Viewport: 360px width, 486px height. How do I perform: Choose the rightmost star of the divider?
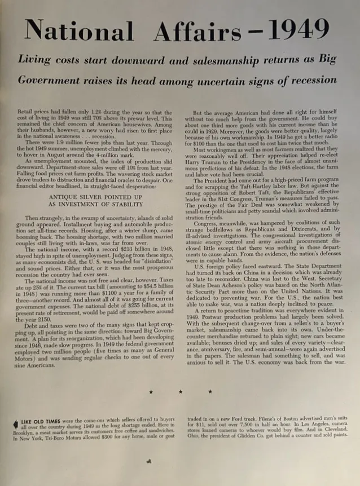click(x=210, y=391)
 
